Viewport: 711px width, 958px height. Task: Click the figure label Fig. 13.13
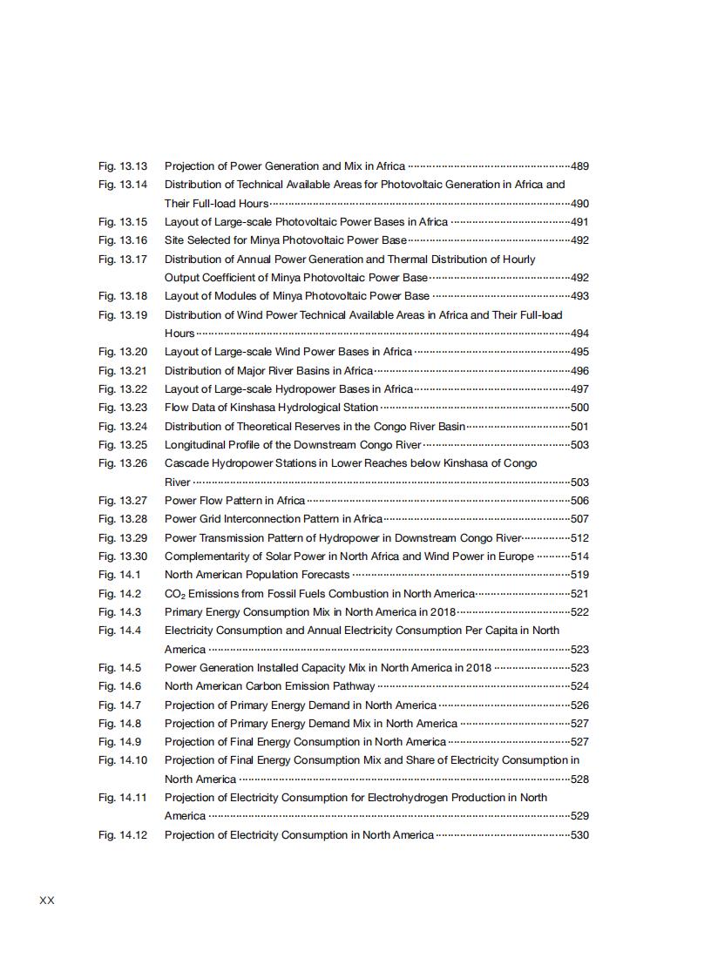point(123,165)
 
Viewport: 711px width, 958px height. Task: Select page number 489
point(579,166)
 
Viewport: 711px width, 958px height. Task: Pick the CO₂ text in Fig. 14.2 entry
point(175,594)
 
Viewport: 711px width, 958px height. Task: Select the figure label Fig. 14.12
point(123,835)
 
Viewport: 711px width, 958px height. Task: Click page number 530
point(579,835)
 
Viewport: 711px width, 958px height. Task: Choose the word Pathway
point(353,686)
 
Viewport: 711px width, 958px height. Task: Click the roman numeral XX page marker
point(47,901)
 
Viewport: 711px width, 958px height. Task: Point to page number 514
point(579,557)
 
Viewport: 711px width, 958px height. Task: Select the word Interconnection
point(258,519)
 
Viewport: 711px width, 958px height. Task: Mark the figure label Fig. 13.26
point(123,463)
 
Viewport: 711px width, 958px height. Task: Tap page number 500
point(579,408)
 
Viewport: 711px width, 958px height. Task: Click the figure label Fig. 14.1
point(119,575)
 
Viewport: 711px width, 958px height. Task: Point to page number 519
point(579,575)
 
